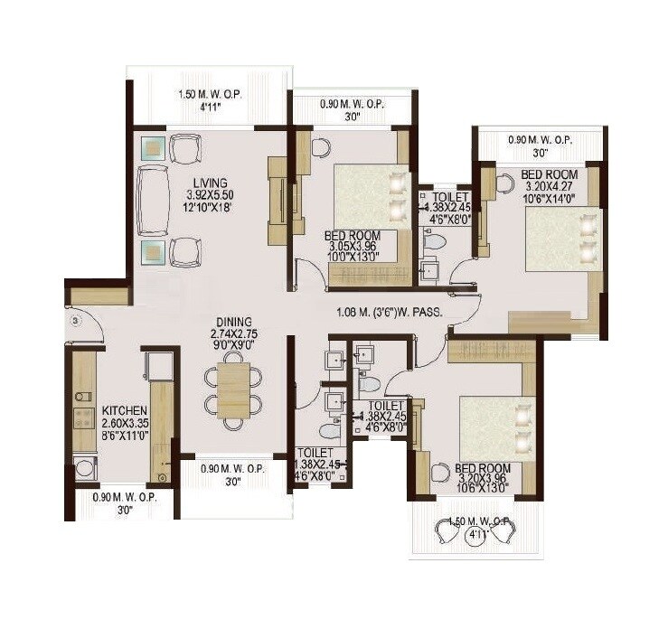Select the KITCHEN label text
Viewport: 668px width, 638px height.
(124, 408)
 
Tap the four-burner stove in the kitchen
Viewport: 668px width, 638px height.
(85, 418)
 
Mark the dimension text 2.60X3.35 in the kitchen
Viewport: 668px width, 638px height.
(125, 421)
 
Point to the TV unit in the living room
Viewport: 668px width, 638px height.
(278, 200)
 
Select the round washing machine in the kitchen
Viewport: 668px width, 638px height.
(84, 467)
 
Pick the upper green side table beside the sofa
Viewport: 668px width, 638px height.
(152, 147)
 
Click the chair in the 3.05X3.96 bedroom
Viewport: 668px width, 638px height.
(319, 147)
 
